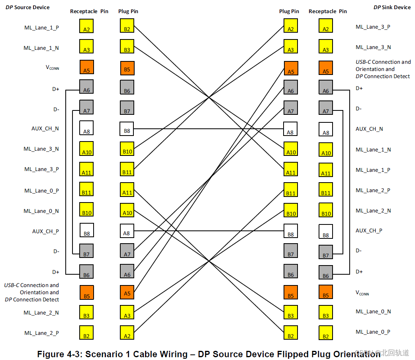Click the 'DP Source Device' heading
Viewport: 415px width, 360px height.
point(27,7)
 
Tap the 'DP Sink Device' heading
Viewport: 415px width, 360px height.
point(392,7)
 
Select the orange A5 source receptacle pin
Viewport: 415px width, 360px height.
point(86,67)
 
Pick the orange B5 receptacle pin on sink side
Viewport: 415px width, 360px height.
point(326,292)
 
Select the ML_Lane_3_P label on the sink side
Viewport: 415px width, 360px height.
point(373,27)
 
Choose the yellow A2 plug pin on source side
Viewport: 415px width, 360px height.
point(127,332)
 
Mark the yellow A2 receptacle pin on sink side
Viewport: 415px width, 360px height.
point(326,26)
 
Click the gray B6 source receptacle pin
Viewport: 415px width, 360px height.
point(86,271)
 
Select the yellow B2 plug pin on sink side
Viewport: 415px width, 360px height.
point(290,332)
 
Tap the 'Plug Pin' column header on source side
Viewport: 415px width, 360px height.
point(128,11)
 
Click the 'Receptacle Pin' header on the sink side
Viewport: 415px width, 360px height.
point(327,11)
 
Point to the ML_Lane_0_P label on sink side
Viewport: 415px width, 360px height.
point(373,332)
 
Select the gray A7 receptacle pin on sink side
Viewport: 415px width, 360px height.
point(326,108)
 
